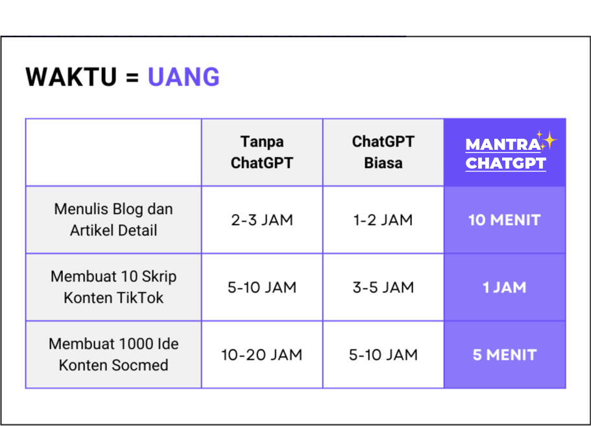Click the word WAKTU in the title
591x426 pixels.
[x=71, y=77]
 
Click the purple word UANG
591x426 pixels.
[x=184, y=77]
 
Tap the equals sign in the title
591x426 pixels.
[x=132, y=78]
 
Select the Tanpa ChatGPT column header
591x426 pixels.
[x=262, y=152]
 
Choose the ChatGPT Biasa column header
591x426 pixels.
[x=383, y=152]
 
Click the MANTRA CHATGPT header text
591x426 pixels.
[x=505, y=154]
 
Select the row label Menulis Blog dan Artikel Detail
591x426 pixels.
[x=114, y=220]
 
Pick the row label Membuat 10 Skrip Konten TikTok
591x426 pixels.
[x=114, y=287]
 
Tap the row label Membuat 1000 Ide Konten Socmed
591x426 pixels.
[x=114, y=355]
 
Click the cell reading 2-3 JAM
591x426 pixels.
[x=262, y=220]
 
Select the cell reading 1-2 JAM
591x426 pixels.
[x=383, y=220]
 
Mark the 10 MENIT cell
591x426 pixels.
[x=504, y=220]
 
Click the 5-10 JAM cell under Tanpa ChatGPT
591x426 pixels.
[x=262, y=287]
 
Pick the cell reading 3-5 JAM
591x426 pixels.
[x=383, y=287]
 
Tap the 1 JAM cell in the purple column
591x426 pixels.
[x=504, y=287]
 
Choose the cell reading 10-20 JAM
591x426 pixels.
[x=262, y=355]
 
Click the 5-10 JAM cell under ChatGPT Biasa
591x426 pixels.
[x=383, y=355]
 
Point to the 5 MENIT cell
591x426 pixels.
[x=505, y=355]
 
